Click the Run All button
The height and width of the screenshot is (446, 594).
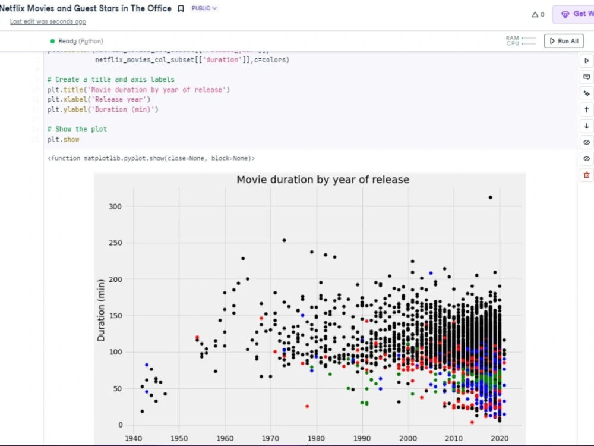[564, 41]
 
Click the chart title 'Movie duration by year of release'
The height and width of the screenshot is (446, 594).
[323, 180]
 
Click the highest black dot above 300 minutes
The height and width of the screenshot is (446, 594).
[490, 197]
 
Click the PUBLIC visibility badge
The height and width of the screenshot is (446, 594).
[204, 8]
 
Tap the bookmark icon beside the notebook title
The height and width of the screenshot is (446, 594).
[181, 9]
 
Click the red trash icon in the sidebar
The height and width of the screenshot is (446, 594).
[587, 175]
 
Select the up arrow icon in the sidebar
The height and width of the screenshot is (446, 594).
[587, 109]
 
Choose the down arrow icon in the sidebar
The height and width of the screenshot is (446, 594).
[587, 126]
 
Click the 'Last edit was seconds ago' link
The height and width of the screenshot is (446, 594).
[48, 21]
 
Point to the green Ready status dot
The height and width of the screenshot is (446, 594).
[52, 41]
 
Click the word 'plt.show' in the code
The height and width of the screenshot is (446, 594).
[63, 139]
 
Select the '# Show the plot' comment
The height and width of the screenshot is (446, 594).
[77, 129]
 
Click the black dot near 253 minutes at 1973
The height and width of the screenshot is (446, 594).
[284, 240]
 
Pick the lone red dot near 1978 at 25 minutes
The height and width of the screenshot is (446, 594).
[307, 406]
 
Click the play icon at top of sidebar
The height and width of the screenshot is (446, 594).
[587, 61]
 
